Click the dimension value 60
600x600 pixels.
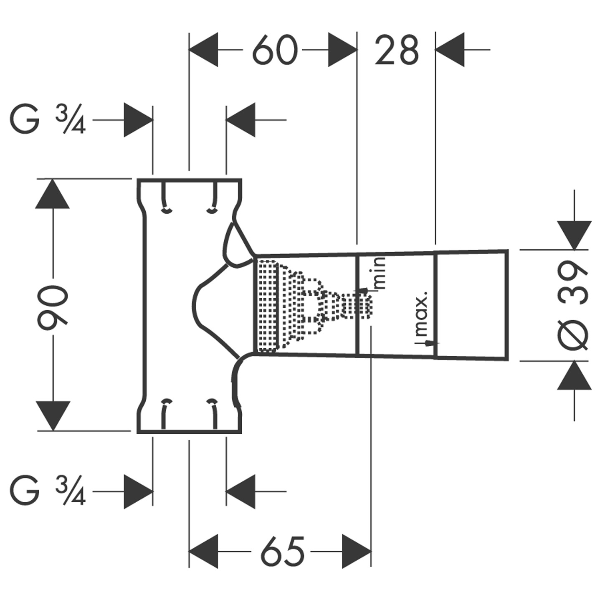[275, 50]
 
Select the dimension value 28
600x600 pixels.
[396, 51]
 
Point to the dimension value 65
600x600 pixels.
[282, 552]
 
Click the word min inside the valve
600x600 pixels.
[381, 273]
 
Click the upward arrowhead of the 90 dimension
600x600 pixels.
[53, 194]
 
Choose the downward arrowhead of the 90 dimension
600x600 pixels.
[53, 415]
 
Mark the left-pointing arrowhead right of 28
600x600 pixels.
[450, 50]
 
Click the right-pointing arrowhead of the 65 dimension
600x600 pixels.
[356, 551]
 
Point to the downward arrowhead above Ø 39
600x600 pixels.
[574, 235]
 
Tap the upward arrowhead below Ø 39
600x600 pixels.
[574, 375]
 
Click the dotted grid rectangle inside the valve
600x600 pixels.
[267, 305]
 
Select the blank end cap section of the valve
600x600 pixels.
[471, 304]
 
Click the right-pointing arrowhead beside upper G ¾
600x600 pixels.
[138, 120]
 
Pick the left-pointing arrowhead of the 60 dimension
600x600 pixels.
[204, 50]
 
